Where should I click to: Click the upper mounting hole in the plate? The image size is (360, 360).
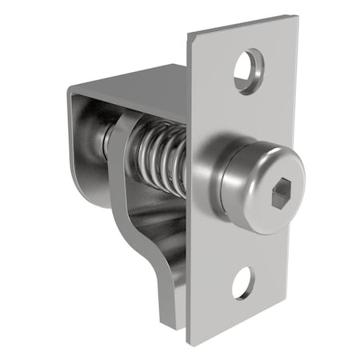(x=247, y=70)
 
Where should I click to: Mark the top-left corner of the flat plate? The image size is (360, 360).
(x=188, y=35)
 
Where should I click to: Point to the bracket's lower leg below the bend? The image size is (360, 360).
(x=172, y=288)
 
